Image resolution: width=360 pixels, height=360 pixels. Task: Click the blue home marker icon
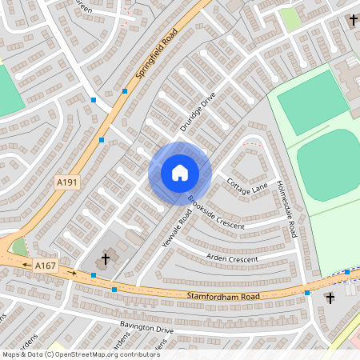point(179,173)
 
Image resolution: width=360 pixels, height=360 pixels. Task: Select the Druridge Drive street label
point(198,112)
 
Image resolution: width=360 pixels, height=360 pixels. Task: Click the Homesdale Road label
point(286,203)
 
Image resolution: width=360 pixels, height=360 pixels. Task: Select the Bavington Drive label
point(146,328)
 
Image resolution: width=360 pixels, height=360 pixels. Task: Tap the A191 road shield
point(67,183)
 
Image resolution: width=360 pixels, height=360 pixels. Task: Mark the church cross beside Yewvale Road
point(105,260)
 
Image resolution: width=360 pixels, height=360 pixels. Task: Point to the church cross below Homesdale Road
point(330,298)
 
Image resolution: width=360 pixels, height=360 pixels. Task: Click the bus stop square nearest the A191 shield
point(102,141)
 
